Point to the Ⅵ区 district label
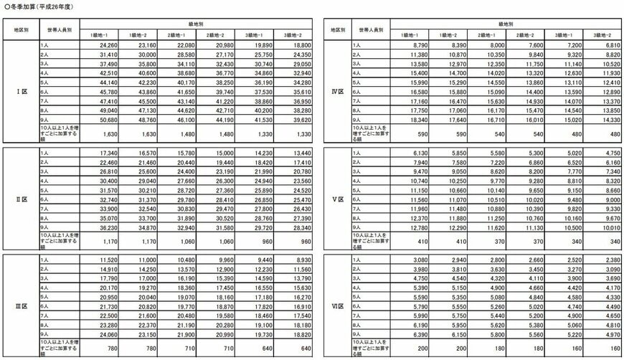point(336,306)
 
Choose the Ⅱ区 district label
point(21,199)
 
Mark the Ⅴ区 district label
point(336,199)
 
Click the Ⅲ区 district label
point(21,306)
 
